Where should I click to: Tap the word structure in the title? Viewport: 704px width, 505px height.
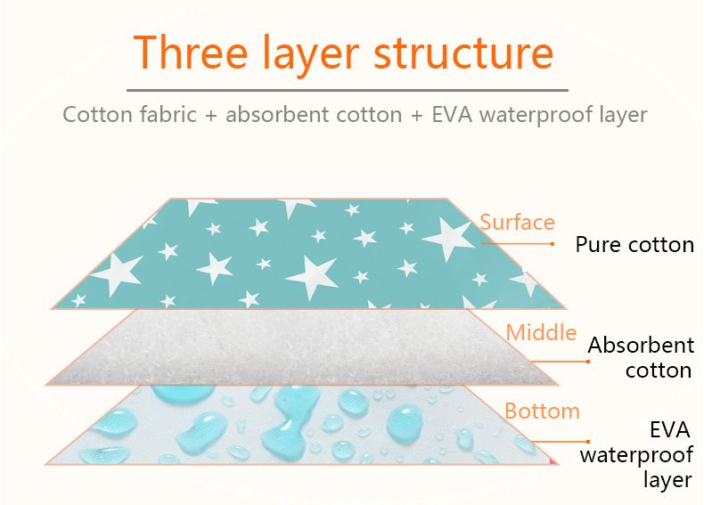[463, 54]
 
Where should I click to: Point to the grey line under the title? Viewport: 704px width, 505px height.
[347, 90]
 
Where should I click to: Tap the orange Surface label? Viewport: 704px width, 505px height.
[517, 222]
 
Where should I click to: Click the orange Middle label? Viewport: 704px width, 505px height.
[541, 333]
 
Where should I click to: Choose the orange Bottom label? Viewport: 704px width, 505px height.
[542, 411]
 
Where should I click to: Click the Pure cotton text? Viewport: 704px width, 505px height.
[634, 245]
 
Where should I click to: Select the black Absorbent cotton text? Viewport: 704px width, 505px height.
[641, 357]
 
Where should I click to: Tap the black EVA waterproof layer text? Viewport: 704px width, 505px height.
[636, 454]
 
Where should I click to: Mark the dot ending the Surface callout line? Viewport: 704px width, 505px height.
[553, 243]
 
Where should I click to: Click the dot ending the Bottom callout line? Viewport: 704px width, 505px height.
[588, 441]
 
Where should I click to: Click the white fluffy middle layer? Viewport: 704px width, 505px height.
[303, 347]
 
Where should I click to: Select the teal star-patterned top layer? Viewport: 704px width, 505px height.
[294, 254]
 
